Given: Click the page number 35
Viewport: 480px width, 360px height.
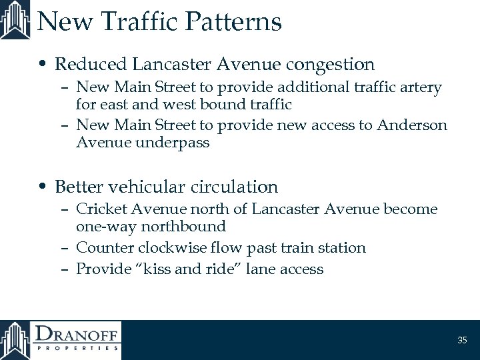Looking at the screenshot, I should click(463, 341).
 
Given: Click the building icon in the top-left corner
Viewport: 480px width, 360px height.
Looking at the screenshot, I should click(15, 20).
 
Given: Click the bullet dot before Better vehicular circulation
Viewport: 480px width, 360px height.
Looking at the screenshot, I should click(44, 187).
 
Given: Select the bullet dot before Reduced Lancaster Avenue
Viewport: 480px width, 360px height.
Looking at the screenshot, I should click(44, 65).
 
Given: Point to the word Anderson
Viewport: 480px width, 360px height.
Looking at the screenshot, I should click(412, 125).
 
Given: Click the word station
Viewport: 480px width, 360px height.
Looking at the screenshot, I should click(341, 248).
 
